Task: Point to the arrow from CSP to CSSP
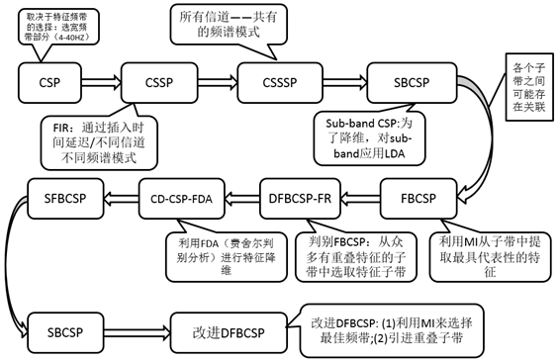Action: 97,77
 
